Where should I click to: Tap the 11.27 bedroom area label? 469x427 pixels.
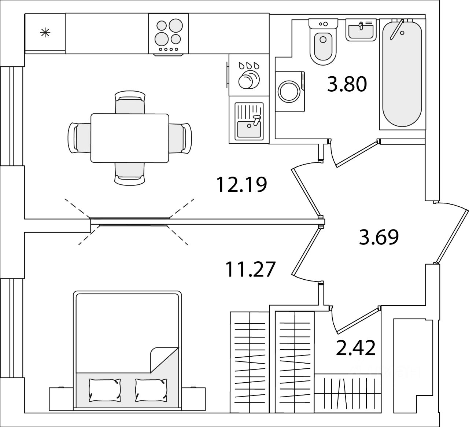tap(250, 269)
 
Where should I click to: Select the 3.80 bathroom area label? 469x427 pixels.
tap(347, 85)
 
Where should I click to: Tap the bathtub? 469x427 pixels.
tap(402, 73)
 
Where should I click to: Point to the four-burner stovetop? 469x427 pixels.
tap(169, 34)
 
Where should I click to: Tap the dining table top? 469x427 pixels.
tap(130, 138)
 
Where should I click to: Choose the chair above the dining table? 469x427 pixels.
tap(130, 103)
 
